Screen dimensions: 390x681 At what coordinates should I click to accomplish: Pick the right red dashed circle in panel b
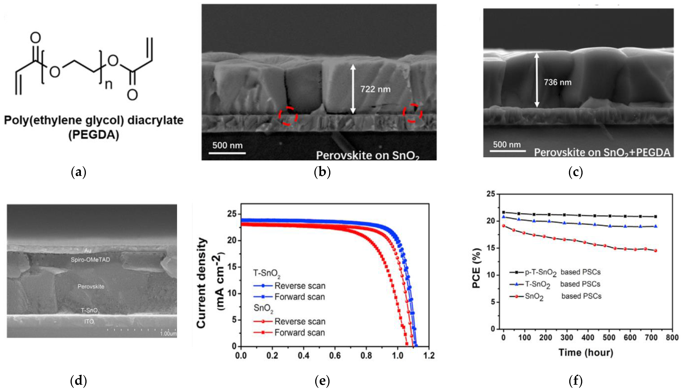coord(413,113)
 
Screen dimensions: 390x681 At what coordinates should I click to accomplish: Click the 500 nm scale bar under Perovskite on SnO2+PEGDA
coord(508,151)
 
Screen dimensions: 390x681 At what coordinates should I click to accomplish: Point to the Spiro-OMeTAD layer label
coord(90,260)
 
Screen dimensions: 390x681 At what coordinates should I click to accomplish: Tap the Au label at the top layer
coord(88,251)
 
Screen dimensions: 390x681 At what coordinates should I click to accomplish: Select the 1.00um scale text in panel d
coord(168,334)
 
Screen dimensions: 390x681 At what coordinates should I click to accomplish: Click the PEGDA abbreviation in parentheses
coord(94,134)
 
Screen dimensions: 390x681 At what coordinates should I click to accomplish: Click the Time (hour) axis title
coord(586,352)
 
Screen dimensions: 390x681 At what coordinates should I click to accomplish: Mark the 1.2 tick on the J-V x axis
coord(429,356)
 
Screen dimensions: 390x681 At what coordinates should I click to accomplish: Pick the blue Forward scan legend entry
coord(289,297)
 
